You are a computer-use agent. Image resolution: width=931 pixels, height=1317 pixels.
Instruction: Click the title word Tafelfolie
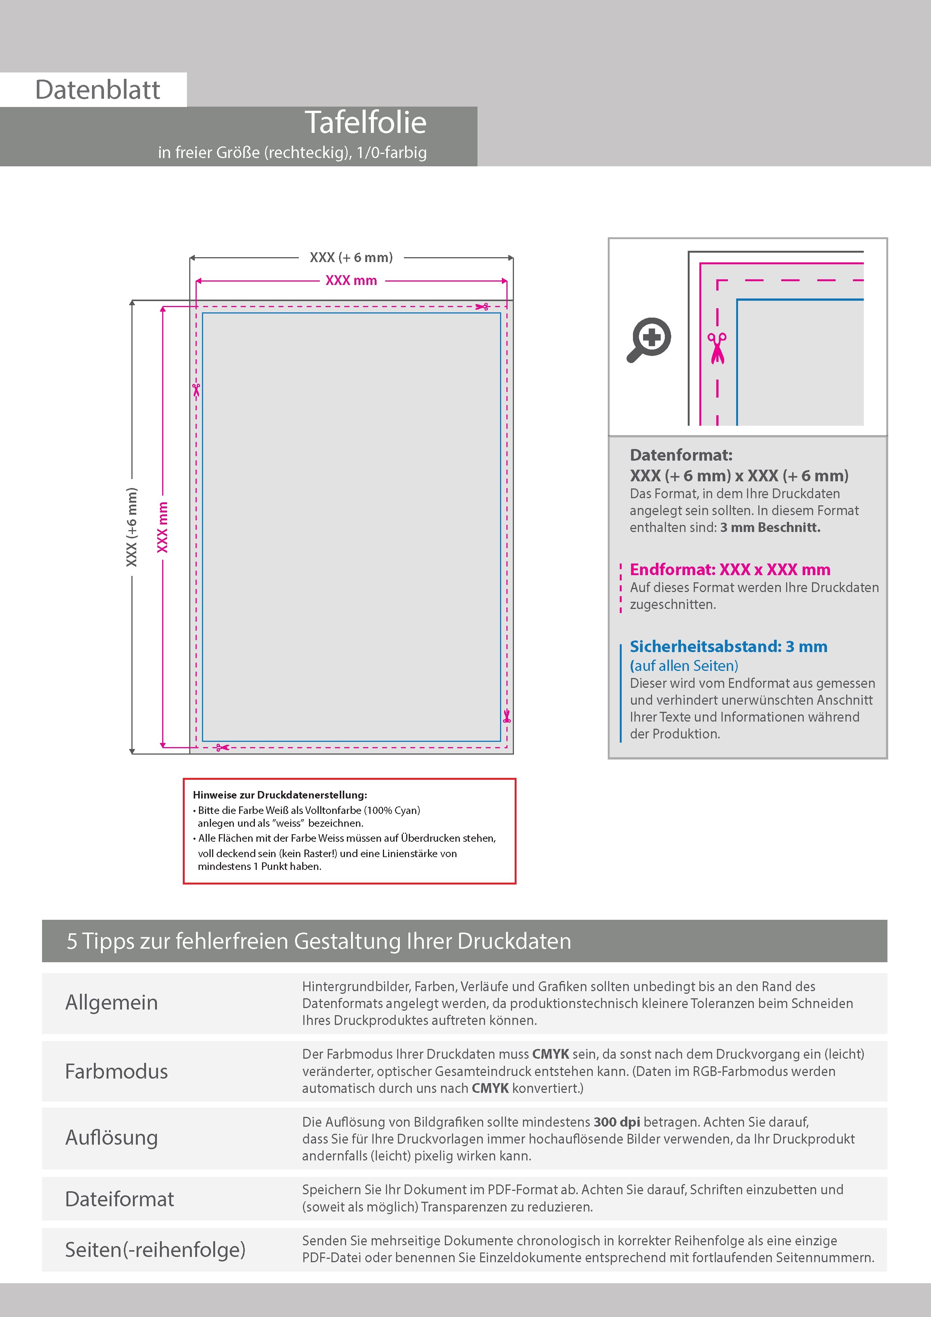[365, 122]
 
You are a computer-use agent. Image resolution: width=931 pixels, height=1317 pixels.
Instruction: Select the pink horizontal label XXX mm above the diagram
[351, 280]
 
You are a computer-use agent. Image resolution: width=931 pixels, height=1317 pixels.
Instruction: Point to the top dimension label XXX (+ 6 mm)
[351, 258]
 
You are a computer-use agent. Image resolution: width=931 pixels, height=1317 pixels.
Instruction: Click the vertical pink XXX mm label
[163, 527]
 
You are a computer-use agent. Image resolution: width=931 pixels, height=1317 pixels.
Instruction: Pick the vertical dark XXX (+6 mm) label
[132, 527]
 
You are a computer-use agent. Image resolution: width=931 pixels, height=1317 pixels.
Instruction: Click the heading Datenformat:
[681, 455]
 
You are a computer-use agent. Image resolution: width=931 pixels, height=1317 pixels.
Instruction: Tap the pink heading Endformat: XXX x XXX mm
[730, 570]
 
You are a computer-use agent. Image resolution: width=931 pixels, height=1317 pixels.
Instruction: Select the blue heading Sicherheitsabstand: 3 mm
[728, 646]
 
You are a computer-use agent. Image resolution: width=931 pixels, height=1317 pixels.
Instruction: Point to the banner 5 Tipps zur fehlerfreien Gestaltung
[319, 941]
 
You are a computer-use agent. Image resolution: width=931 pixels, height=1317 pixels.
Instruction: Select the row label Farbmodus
[116, 1071]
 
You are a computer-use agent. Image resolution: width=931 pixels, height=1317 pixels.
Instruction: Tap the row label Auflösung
[111, 1138]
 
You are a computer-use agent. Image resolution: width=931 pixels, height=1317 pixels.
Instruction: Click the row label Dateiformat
[119, 1199]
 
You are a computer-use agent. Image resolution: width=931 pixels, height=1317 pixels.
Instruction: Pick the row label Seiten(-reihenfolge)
[155, 1249]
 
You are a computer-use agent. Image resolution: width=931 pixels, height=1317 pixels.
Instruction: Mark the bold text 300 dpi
[617, 1122]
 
